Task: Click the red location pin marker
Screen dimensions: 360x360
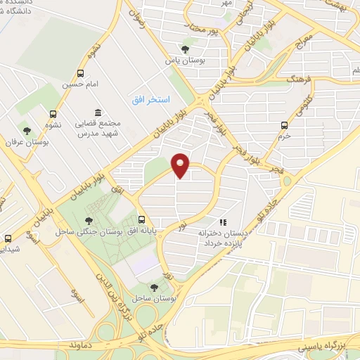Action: [x=181, y=165]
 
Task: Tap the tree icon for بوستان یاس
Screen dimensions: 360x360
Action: [x=185, y=49]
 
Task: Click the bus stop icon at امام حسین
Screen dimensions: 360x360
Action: [x=80, y=73]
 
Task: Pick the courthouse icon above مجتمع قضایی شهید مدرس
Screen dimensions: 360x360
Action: [x=97, y=113]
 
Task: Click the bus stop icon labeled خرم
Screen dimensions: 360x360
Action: [x=284, y=125]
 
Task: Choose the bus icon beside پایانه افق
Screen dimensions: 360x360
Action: [x=142, y=219]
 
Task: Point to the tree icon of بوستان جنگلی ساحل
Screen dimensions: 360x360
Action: [x=88, y=220]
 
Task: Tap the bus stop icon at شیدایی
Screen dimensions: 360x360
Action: [x=8, y=238]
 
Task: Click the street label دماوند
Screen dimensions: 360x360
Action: [x=81, y=347]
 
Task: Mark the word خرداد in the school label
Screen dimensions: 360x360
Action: [x=215, y=241]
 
